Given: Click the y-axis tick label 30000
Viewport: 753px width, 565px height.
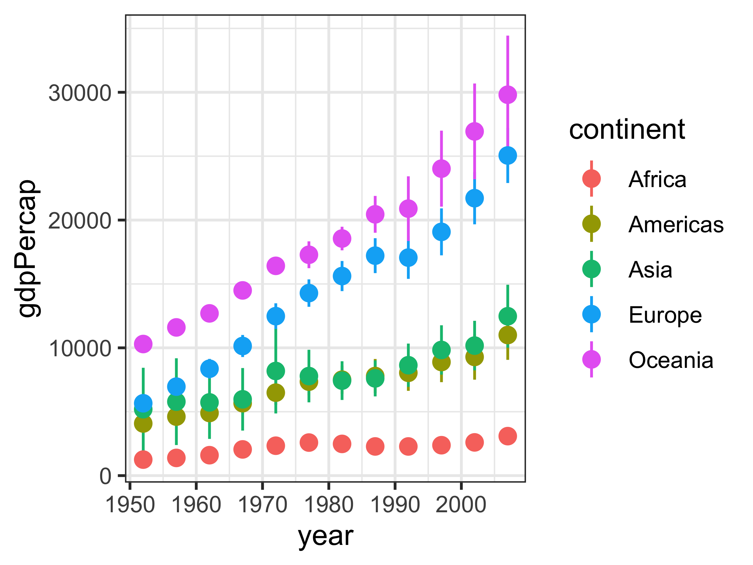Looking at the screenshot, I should click(x=80, y=93).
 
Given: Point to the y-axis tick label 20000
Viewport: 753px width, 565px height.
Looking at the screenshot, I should click(x=80, y=221).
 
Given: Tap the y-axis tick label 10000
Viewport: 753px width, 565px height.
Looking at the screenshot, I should click(x=80, y=348).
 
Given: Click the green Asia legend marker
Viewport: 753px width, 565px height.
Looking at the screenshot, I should click(x=592, y=269).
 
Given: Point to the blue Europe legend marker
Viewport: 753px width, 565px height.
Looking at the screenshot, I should click(x=592, y=314).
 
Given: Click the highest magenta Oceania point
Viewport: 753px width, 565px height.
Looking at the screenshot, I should click(x=508, y=95).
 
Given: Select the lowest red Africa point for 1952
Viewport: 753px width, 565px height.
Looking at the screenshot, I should click(x=143, y=460).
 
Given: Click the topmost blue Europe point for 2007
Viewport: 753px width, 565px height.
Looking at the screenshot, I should click(x=508, y=156).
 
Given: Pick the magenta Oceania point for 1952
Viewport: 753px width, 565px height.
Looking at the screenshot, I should click(x=143, y=344).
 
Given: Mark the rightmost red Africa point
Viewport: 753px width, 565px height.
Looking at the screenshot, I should click(x=508, y=436).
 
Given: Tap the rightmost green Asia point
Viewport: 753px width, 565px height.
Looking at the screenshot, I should click(x=508, y=316).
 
